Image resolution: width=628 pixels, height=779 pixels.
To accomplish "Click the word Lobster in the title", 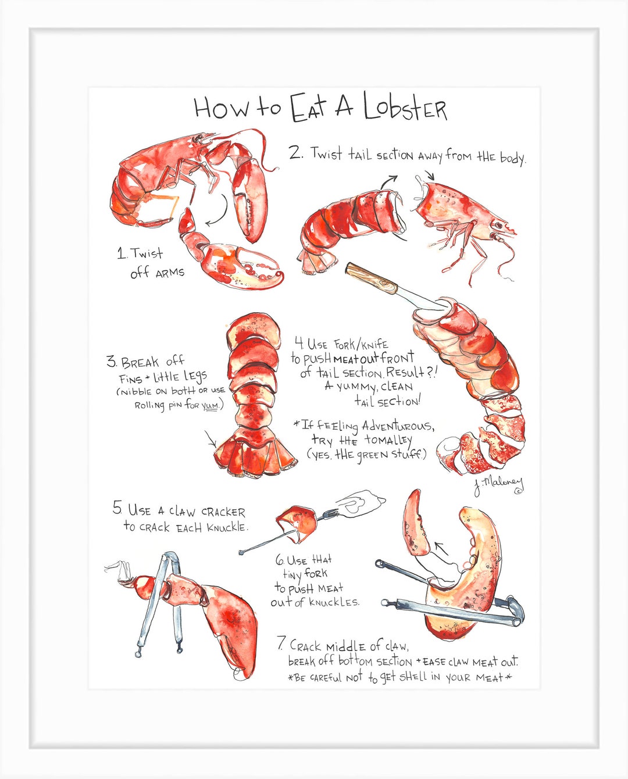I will tap(405, 108).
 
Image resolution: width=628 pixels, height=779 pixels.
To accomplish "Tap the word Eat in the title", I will tap(308, 108).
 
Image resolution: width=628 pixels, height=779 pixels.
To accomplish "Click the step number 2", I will tap(296, 153).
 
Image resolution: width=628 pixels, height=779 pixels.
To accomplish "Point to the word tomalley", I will tap(388, 440).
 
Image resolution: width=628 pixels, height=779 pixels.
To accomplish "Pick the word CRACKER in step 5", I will tap(223, 512).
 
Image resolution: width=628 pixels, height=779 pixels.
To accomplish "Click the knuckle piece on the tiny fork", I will tap(297, 521).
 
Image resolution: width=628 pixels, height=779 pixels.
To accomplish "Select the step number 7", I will tap(281, 644).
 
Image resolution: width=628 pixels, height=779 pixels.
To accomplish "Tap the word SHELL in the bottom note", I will tap(413, 677).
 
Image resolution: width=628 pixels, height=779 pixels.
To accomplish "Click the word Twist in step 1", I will tap(147, 253).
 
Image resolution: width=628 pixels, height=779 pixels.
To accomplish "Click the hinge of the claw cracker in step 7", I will tap(515, 610).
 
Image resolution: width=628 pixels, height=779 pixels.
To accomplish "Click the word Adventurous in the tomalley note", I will tap(397, 426).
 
